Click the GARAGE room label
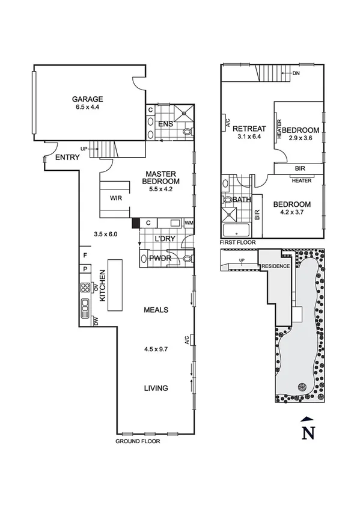(x=88, y=99)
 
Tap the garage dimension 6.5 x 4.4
(x=88, y=108)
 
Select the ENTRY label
(x=67, y=158)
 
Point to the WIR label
(x=116, y=197)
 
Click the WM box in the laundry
(x=189, y=224)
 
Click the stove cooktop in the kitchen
(x=86, y=287)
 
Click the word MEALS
(x=156, y=310)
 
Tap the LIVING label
(x=156, y=388)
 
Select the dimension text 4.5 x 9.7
(x=156, y=349)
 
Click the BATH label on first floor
(x=242, y=199)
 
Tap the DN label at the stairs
(x=296, y=73)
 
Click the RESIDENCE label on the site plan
(x=275, y=266)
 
